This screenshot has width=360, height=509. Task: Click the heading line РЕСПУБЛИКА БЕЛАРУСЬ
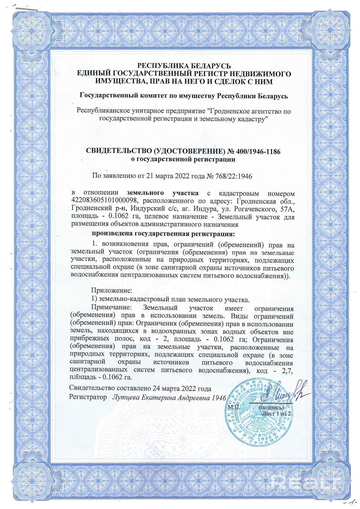coord(184,66)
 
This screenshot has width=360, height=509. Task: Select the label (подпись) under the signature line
coord(271,407)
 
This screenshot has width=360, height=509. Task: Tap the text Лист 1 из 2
coord(276,413)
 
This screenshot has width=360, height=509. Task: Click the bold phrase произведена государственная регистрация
coord(163,234)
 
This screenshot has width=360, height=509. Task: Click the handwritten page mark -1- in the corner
coord(351,501)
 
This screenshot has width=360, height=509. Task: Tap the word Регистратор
coord(88,397)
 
